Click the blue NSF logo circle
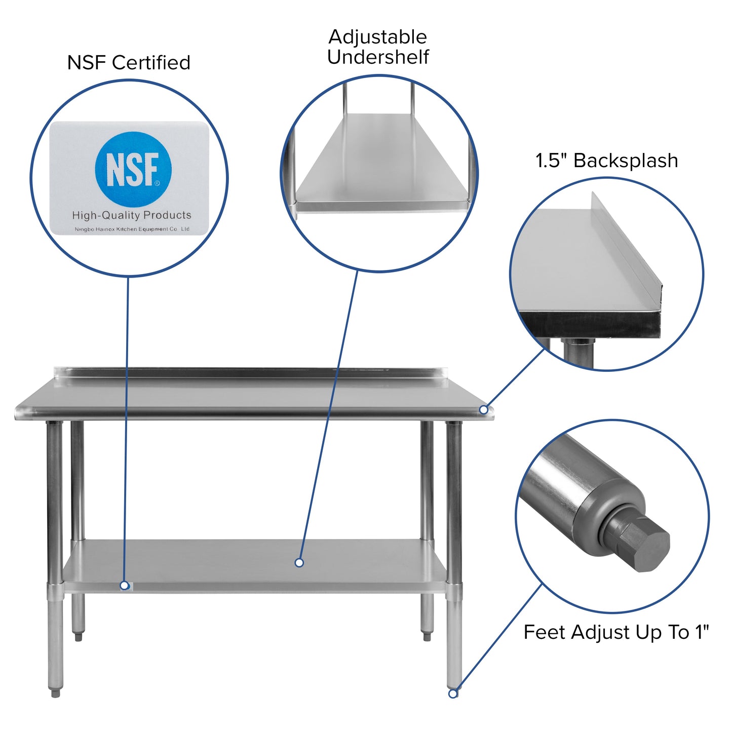click(x=133, y=169)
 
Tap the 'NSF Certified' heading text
click(x=129, y=63)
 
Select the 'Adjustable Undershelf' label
click(x=378, y=47)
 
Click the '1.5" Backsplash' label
click(x=606, y=161)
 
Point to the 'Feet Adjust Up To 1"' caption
click(x=615, y=632)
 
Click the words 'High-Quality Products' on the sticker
click(x=132, y=215)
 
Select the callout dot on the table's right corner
click(x=484, y=409)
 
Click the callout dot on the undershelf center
click(x=299, y=563)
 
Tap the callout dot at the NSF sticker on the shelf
click(x=124, y=586)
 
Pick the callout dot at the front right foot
click(x=453, y=694)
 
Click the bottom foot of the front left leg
click(x=56, y=692)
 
